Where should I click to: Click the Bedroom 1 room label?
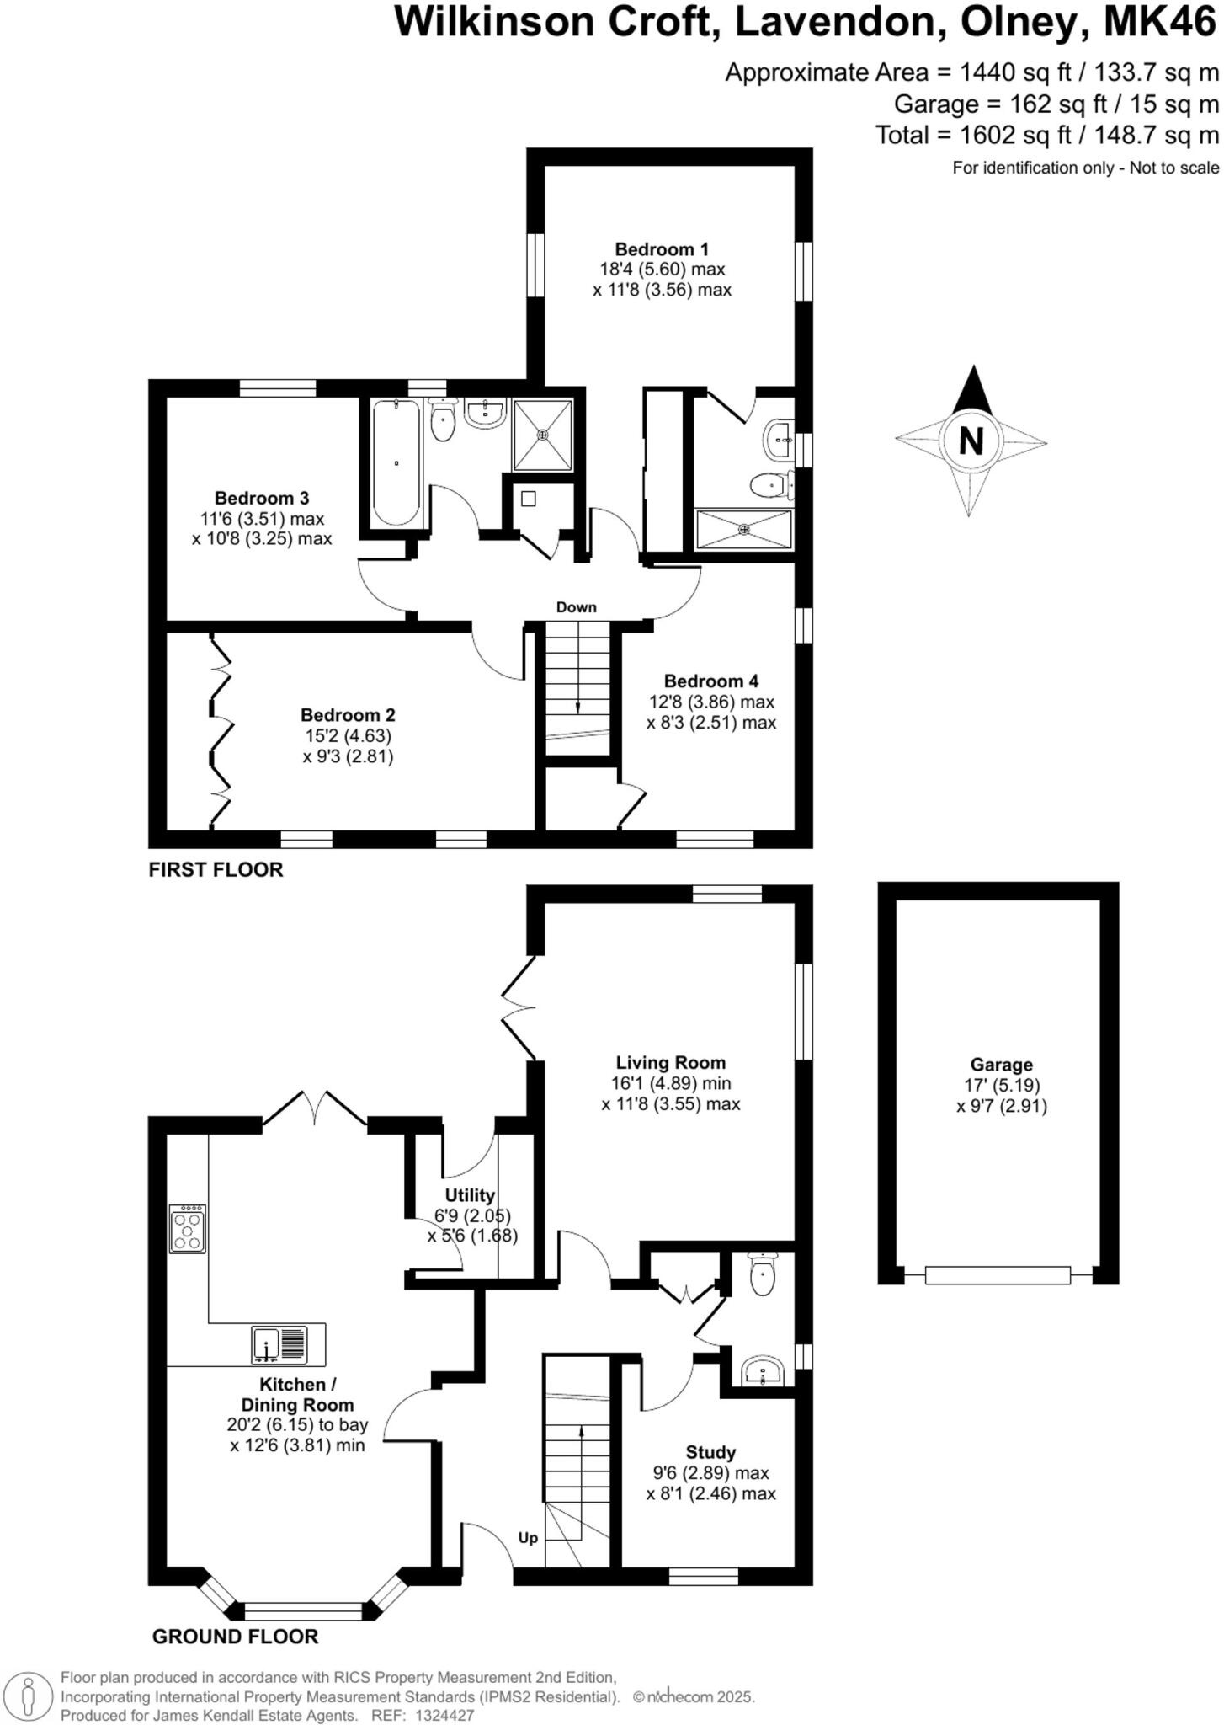point(662,249)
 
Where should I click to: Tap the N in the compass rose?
point(971,441)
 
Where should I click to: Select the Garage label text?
point(1001,1065)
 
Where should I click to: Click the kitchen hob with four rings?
point(187,1229)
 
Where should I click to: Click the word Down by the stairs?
point(576,607)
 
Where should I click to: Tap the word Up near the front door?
point(528,1538)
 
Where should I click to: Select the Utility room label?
point(470,1195)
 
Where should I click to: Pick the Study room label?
point(710,1452)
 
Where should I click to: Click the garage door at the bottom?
point(998,1275)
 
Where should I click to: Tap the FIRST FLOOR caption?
point(216,869)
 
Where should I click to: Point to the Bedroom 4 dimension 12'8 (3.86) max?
point(711,702)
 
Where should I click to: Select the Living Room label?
point(670,1063)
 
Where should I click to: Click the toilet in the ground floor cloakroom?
point(762,1274)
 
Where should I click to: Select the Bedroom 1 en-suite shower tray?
point(743,529)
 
